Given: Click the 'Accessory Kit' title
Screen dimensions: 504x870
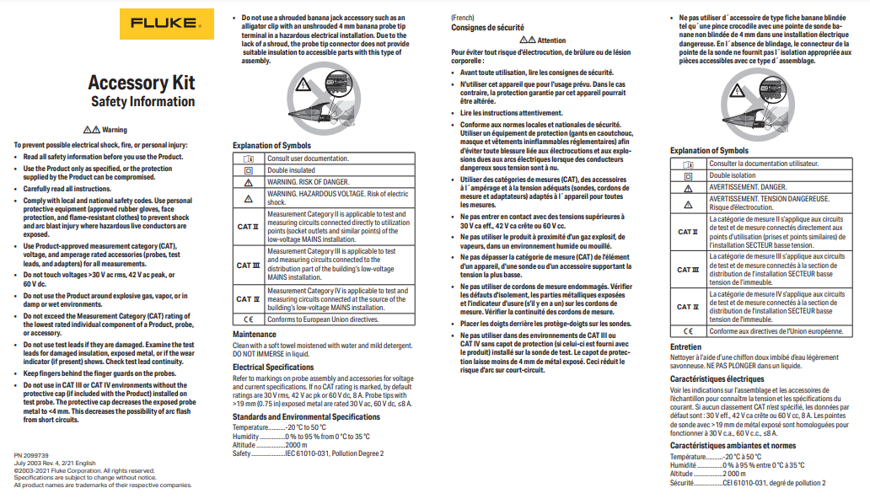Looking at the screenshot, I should tap(141, 83).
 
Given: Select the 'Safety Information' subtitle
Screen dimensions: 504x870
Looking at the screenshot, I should tap(142, 102).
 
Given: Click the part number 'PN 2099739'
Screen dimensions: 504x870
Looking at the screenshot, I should tap(32, 454).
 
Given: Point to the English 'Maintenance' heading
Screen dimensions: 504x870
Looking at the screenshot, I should tap(254, 335).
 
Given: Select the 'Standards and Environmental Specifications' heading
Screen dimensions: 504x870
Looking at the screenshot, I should tap(306, 416).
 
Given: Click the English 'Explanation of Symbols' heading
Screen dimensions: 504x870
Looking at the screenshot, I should tap(271, 146).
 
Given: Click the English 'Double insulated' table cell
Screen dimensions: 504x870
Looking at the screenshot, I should tap(292, 169).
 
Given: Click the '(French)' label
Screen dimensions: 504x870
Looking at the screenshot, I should tap(463, 17).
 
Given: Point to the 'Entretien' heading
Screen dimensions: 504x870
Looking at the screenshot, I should tap(685, 346).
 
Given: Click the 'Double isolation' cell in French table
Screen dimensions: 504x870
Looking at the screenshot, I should tap(733, 175).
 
